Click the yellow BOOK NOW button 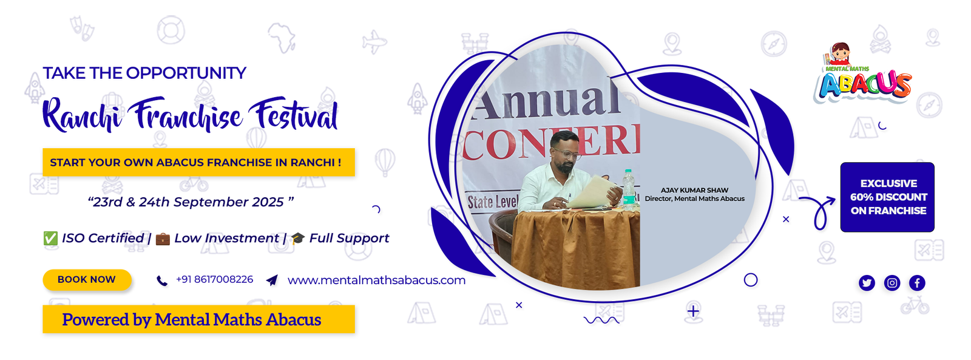click(87, 280)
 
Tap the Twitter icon click(867, 284)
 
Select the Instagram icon click(891, 284)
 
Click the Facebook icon click(917, 284)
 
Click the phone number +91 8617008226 click(215, 279)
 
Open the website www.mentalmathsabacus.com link click(376, 280)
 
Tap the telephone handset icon click(161, 281)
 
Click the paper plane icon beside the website click(272, 280)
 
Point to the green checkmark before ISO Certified click(50, 238)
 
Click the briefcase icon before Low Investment click(163, 239)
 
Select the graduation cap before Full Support click(298, 238)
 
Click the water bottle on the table click(628, 189)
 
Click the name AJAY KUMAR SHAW click(694, 190)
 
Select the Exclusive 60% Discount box click(887, 197)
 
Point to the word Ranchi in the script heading click(83, 114)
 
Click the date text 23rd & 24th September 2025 click(191, 202)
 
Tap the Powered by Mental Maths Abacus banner click(198, 319)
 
